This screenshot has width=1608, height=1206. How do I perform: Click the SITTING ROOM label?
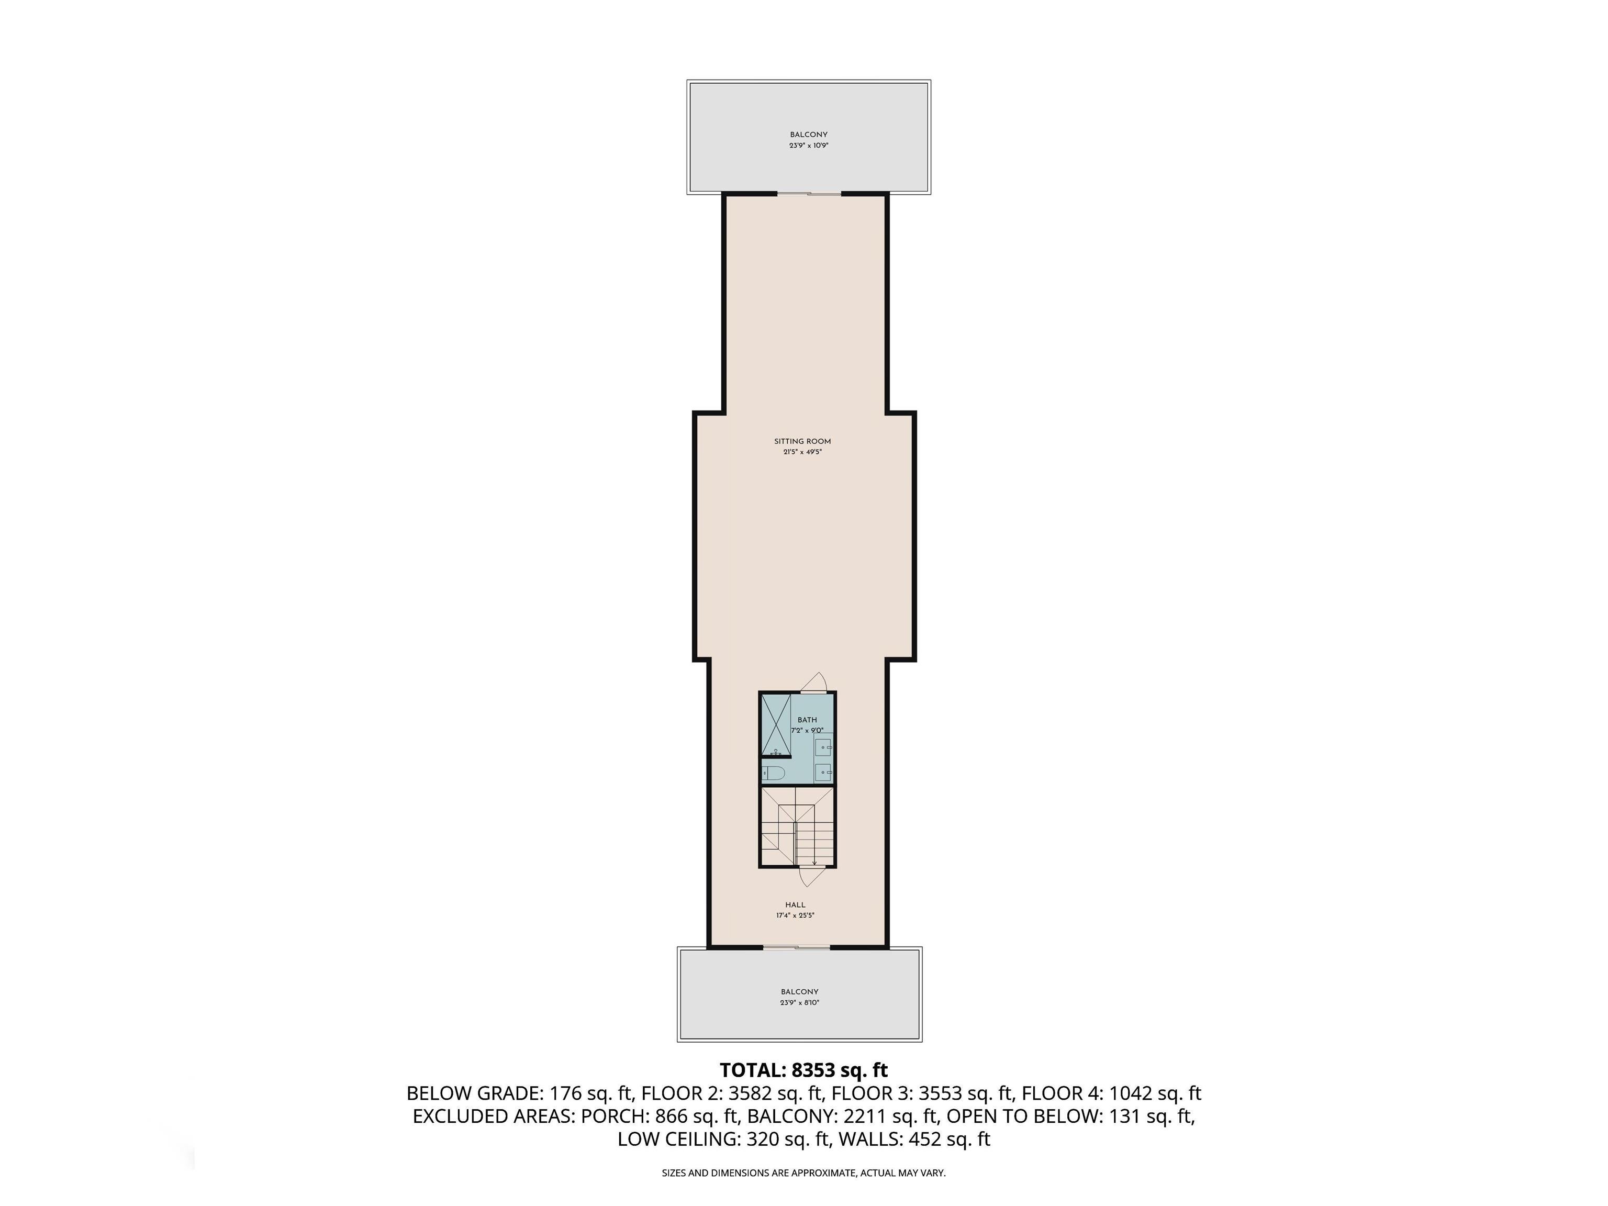802,441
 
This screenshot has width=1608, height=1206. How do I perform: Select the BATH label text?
807,720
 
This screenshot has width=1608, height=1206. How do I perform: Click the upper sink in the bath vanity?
823,746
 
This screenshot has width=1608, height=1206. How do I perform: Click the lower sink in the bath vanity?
823,772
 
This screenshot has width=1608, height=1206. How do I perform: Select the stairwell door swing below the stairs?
812,878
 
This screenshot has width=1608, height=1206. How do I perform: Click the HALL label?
795,905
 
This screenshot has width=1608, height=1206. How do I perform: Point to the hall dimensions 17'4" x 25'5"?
795,915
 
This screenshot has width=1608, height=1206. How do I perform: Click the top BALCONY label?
808,135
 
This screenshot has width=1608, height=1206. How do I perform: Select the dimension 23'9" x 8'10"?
800,1002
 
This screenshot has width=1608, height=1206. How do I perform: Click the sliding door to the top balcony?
809,193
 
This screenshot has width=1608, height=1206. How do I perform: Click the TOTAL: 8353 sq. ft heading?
803,1070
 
